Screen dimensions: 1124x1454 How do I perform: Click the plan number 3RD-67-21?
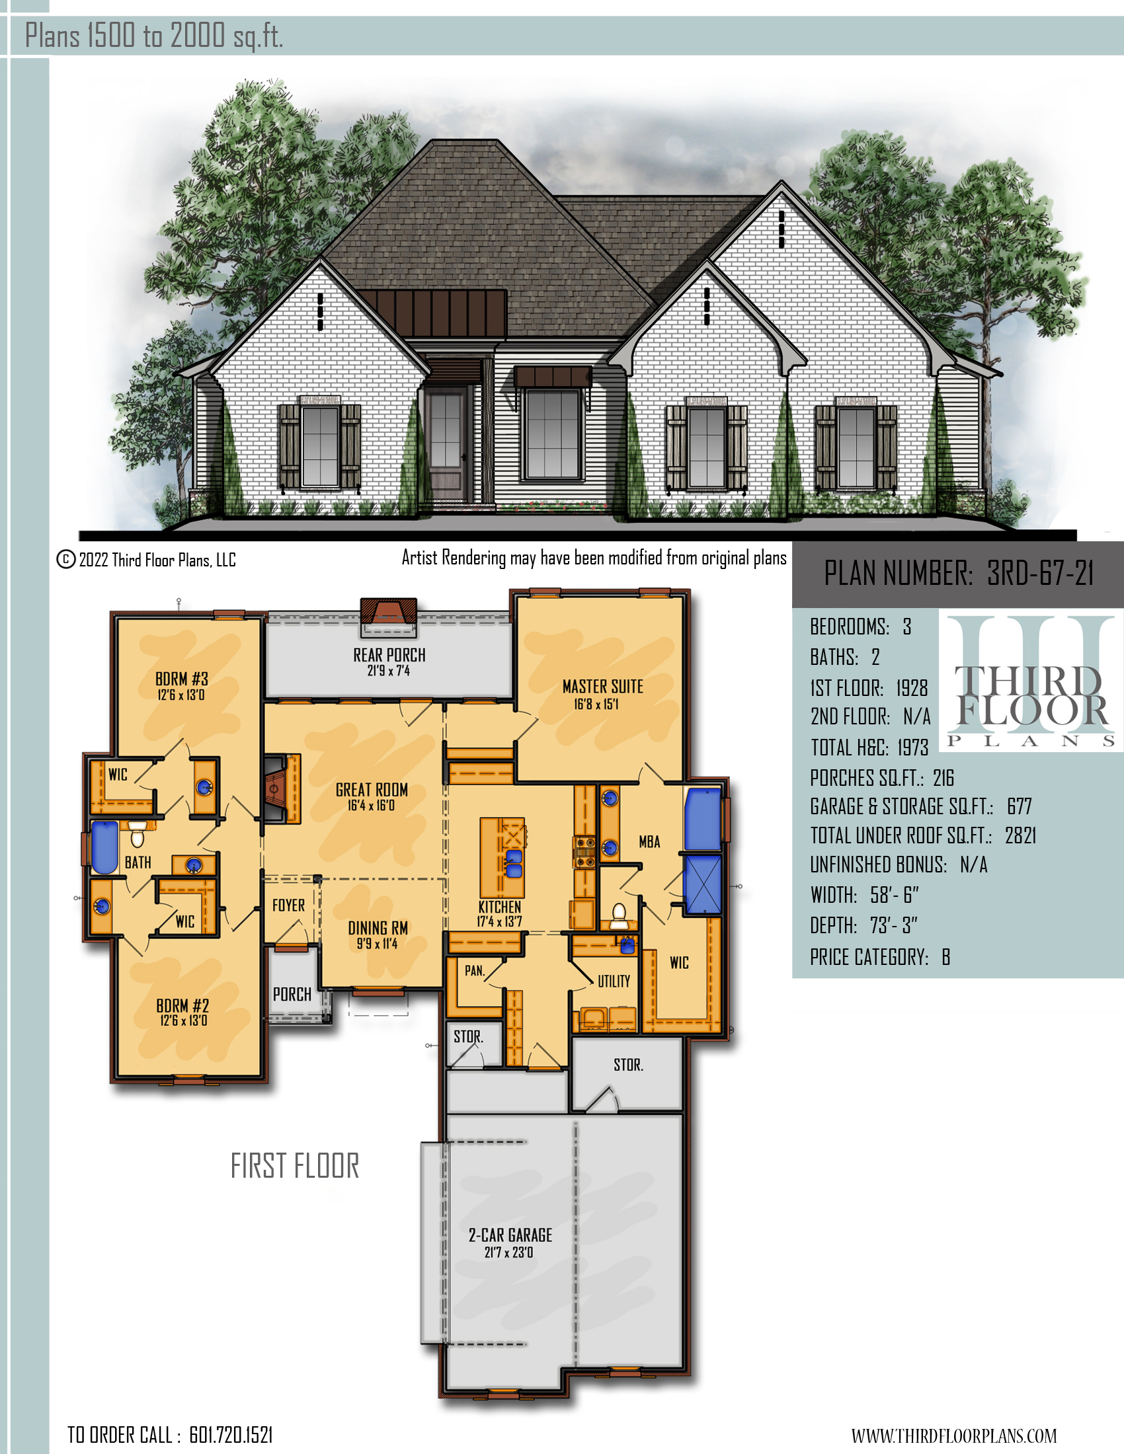1040,572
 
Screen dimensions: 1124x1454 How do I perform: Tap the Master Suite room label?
602,687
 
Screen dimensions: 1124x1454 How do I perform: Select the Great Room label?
372,790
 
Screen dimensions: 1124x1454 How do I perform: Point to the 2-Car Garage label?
510,1235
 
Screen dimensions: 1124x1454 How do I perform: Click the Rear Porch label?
389,655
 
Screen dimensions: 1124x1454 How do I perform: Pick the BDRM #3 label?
182,679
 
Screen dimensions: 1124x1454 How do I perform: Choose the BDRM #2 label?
182,1005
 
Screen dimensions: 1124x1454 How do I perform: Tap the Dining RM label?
378,928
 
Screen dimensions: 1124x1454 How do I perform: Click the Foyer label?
288,905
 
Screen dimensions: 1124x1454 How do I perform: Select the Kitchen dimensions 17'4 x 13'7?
499,921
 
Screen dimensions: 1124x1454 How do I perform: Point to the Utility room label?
614,981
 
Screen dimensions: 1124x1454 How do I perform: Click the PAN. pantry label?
474,971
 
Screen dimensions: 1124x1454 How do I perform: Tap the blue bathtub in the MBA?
702,820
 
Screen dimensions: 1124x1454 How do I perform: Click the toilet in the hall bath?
138,833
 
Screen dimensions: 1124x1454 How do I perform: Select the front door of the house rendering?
446,441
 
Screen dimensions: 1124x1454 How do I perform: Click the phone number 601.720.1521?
231,1435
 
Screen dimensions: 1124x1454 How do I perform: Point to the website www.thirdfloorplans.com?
953,1435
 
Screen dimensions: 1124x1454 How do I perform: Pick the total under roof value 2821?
1020,835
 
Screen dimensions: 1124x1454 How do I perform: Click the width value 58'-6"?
895,895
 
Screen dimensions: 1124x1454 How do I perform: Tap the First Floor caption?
294,1166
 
